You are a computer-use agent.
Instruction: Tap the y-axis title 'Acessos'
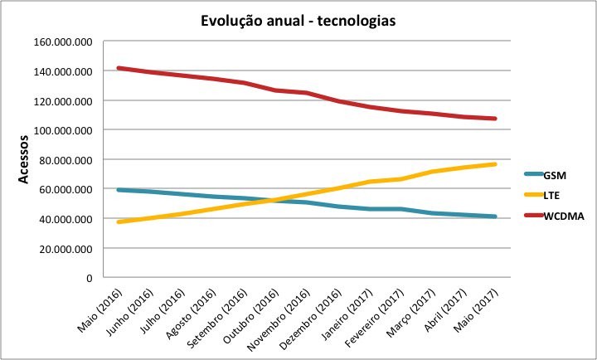(23, 159)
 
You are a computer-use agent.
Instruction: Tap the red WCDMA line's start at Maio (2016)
(119, 68)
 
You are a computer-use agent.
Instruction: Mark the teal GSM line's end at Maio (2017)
(495, 216)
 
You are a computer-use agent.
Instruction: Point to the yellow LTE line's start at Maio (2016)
(119, 221)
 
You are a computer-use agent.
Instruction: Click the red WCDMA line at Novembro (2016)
(307, 93)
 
